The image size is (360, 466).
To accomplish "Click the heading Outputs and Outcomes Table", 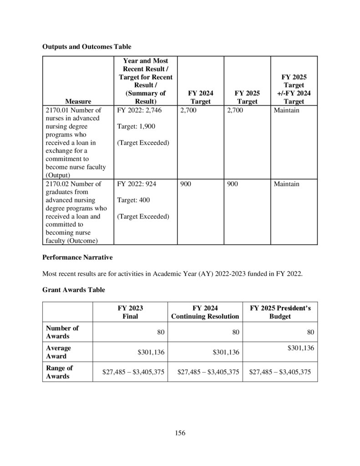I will click(87, 46).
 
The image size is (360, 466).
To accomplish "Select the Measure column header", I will click(78, 101).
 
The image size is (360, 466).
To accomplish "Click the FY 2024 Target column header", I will click(200, 97).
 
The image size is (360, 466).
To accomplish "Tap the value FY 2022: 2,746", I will click(139, 110).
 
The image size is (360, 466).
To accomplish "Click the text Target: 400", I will click(133, 200).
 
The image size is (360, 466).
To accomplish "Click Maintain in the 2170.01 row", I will click(287, 110).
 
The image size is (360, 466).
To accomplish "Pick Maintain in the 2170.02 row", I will click(287, 184).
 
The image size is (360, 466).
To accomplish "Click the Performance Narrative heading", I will click(77, 258).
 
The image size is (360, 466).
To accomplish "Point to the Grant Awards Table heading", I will click(71, 289).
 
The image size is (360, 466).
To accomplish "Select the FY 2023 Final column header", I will click(130, 312).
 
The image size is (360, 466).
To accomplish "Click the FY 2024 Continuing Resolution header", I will click(205, 312).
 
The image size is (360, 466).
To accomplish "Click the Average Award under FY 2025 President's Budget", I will click(300, 348).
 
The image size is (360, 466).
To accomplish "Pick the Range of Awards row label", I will click(60, 372).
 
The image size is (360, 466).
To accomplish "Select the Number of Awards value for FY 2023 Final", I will click(161, 333).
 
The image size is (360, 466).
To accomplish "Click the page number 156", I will click(180, 433).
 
